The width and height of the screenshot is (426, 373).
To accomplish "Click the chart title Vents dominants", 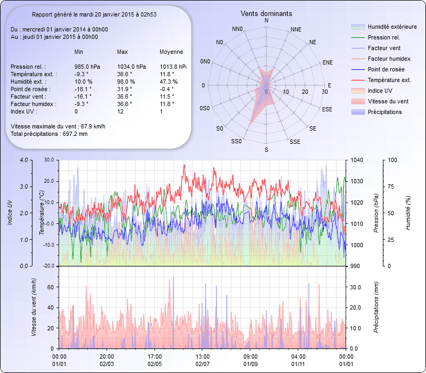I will pyautogui.click(x=266, y=13).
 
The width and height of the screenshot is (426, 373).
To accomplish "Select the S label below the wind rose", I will pyautogui.click(x=266, y=150).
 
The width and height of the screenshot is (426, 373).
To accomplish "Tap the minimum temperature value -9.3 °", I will pyautogui.click(x=81, y=74).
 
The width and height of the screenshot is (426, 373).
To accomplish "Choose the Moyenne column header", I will pyautogui.click(x=171, y=52).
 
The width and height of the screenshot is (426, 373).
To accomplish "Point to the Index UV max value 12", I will pyautogui.click(x=120, y=111).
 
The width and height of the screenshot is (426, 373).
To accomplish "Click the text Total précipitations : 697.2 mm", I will pyautogui.click(x=49, y=133).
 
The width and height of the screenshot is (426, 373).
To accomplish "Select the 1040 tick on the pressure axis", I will pyautogui.click(x=356, y=160).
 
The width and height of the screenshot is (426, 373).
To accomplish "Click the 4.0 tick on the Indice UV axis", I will pyautogui.click(x=24, y=160).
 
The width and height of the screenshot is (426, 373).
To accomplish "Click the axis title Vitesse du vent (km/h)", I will pyautogui.click(x=34, y=307).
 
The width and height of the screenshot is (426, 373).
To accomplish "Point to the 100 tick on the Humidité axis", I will pyautogui.click(x=392, y=160).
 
